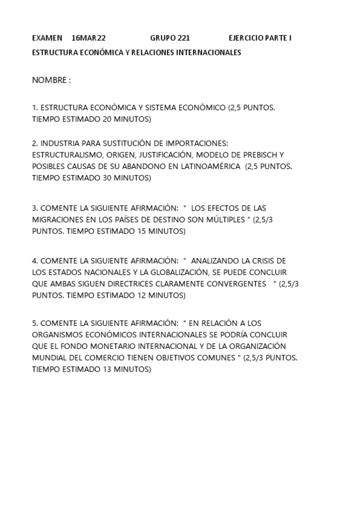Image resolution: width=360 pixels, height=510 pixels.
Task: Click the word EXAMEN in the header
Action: (x=47, y=38)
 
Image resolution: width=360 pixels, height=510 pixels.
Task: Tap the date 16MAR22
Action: (x=88, y=38)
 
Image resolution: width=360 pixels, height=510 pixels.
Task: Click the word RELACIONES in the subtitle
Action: (x=151, y=53)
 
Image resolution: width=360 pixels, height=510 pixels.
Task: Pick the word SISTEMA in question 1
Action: (x=158, y=108)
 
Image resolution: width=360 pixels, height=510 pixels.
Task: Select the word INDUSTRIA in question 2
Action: (x=59, y=143)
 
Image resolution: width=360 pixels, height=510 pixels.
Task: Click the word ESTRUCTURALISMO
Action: (x=67, y=155)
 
